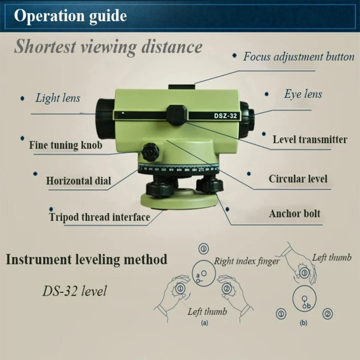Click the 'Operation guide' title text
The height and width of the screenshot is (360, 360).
pos(70,16)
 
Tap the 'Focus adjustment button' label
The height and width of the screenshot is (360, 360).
pos(298,57)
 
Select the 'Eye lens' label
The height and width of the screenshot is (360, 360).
pos(303,94)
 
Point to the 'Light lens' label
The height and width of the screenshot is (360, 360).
pos(58,98)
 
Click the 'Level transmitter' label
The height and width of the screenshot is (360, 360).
pos(310,140)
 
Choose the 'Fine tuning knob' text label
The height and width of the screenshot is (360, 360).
pos(66,145)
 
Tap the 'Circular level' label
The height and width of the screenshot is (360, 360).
pos(298,179)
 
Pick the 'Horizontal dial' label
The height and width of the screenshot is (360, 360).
pos(78,181)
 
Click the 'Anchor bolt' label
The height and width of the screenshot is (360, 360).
pos(294,214)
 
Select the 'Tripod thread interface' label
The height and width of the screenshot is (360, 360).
pos(99,217)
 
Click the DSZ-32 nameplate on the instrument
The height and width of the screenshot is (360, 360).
pos(222,116)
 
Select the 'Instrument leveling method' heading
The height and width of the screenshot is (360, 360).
pos(86,259)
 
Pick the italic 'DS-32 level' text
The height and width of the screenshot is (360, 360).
pos(74,291)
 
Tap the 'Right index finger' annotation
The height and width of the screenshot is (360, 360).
pos(246,261)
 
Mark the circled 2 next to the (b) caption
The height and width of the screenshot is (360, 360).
pos(327,313)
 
